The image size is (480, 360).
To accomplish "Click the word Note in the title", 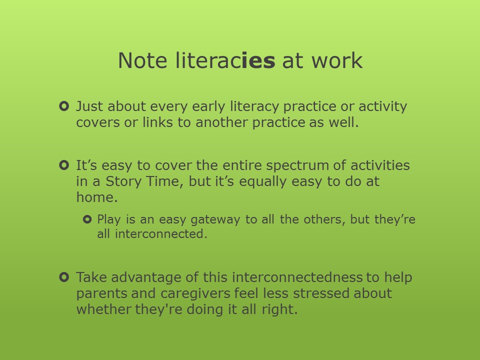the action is pyautogui.click(x=142, y=60).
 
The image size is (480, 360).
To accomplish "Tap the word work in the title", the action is pyautogui.click(x=337, y=60).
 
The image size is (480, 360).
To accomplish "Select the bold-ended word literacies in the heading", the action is pyautogui.click(x=225, y=60).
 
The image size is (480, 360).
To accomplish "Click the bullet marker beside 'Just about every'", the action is pyautogui.click(x=64, y=106).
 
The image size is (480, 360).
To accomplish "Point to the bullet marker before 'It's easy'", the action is pyautogui.click(x=64, y=165).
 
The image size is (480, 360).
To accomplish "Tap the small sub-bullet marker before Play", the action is pyautogui.click(x=87, y=219).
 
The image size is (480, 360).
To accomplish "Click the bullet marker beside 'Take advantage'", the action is pyautogui.click(x=64, y=277).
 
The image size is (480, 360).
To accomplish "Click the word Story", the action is pyautogui.click(x=123, y=181).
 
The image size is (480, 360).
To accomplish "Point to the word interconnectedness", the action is pyautogui.click(x=297, y=277).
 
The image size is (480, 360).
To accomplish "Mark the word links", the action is pyautogui.click(x=157, y=122).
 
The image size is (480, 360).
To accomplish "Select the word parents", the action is pyautogui.click(x=101, y=294).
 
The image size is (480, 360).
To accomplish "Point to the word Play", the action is pyautogui.click(x=109, y=220).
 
